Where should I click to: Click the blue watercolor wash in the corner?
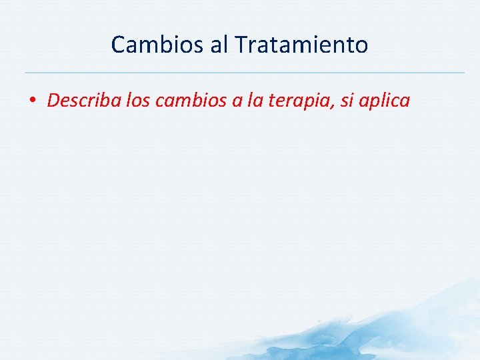point(413,327)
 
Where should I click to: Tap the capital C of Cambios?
point(118,45)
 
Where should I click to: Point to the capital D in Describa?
point(53,101)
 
